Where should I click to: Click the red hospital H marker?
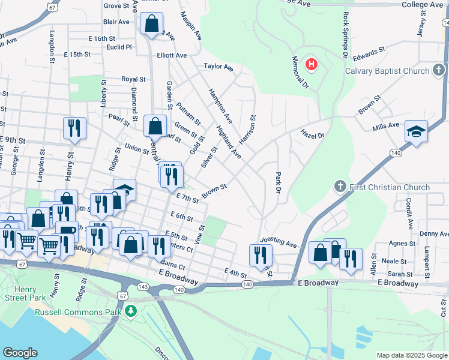click(312, 64)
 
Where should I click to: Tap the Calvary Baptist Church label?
click(387, 71)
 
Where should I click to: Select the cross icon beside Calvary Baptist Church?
click(439, 71)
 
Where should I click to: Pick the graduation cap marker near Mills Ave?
click(415, 131)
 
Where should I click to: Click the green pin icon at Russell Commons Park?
click(130, 312)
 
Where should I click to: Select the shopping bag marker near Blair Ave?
click(152, 25)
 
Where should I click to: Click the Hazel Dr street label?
click(312, 136)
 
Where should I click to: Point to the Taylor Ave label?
click(218, 67)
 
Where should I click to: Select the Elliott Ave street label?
click(172, 55)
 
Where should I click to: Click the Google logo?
click(20, 353)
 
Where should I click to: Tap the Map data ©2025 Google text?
click(411, 355)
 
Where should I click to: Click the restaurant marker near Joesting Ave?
click(261, 255)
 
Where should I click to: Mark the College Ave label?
click(423, 4)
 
